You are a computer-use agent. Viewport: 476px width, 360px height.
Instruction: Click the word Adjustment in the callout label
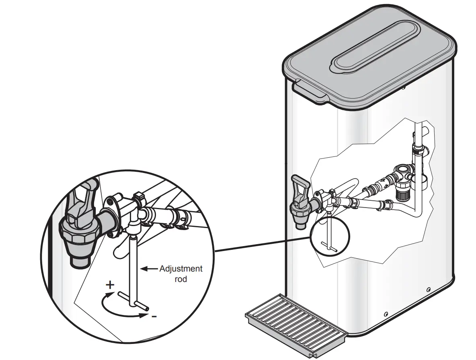coord(181,268)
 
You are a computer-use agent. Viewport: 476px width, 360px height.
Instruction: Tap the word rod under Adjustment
coord(181,279)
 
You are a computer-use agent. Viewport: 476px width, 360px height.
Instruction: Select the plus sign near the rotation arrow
coord(110,285)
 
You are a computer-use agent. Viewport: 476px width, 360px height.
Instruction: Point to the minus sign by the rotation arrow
coord(154,317)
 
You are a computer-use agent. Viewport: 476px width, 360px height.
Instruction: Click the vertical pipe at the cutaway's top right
coord(418,137)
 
